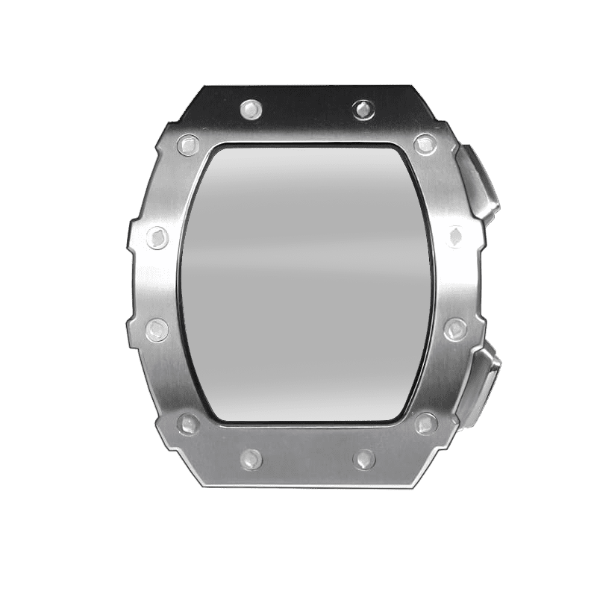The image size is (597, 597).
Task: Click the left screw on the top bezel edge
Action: (250, 110)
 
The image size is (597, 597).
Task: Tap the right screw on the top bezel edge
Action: (363, 109)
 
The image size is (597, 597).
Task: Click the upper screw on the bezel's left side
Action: (158, 237)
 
